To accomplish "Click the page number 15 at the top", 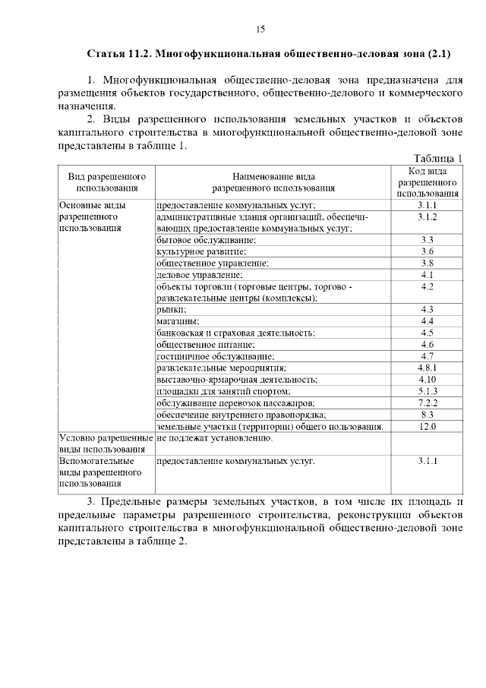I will pyautogui.click(x=260, y=30).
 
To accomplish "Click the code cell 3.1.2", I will pyautogui.click(x=427, y=216).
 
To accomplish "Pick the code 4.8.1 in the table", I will pyautogui.click(x=427, y=368).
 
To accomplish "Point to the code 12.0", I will pyautogui.click(x=427, y=427).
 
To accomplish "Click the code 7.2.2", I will pyautogui.click(x=427, y=402).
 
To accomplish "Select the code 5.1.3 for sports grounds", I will pyautogui.click(x=427, y=391).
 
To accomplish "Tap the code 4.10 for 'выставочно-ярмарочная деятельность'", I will pyautogui.click(x=427, y=379).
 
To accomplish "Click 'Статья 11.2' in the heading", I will pyautogui.click(x=120, y=55).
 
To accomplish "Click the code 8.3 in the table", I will pyautogui.click(x=427, y=415).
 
